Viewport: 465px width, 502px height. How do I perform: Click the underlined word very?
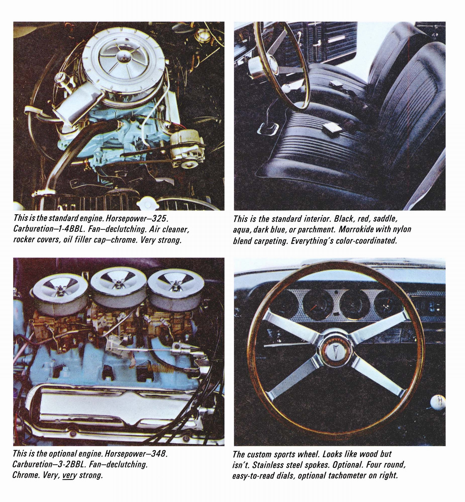(x=70, y=475)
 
